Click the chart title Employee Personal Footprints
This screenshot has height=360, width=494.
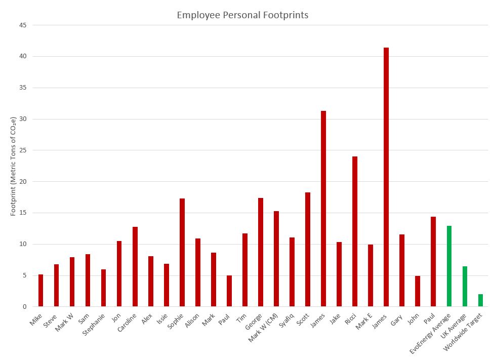242,15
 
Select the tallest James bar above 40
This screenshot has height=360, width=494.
386,177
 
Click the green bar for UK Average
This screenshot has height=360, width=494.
465,287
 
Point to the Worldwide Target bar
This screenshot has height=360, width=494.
480,300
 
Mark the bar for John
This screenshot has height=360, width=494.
418,291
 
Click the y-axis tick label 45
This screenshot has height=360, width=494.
22,25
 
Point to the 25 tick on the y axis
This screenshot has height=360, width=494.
22,150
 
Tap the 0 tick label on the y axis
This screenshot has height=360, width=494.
24,307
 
